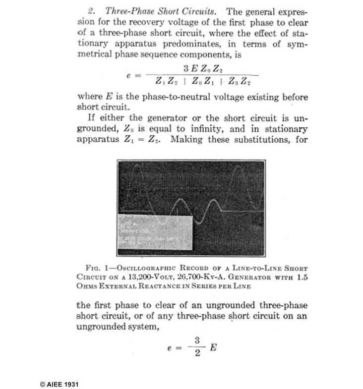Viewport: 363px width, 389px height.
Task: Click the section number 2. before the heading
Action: point(91,11)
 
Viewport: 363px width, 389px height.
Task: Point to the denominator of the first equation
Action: point(207,81)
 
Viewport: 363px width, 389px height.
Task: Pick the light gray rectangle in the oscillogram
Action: point(154,231)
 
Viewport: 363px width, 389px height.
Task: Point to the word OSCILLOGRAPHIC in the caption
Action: point(154,267)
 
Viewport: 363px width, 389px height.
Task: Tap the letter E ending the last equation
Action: point(213,347)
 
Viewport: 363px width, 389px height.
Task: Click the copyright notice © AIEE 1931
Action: point(59,384)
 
